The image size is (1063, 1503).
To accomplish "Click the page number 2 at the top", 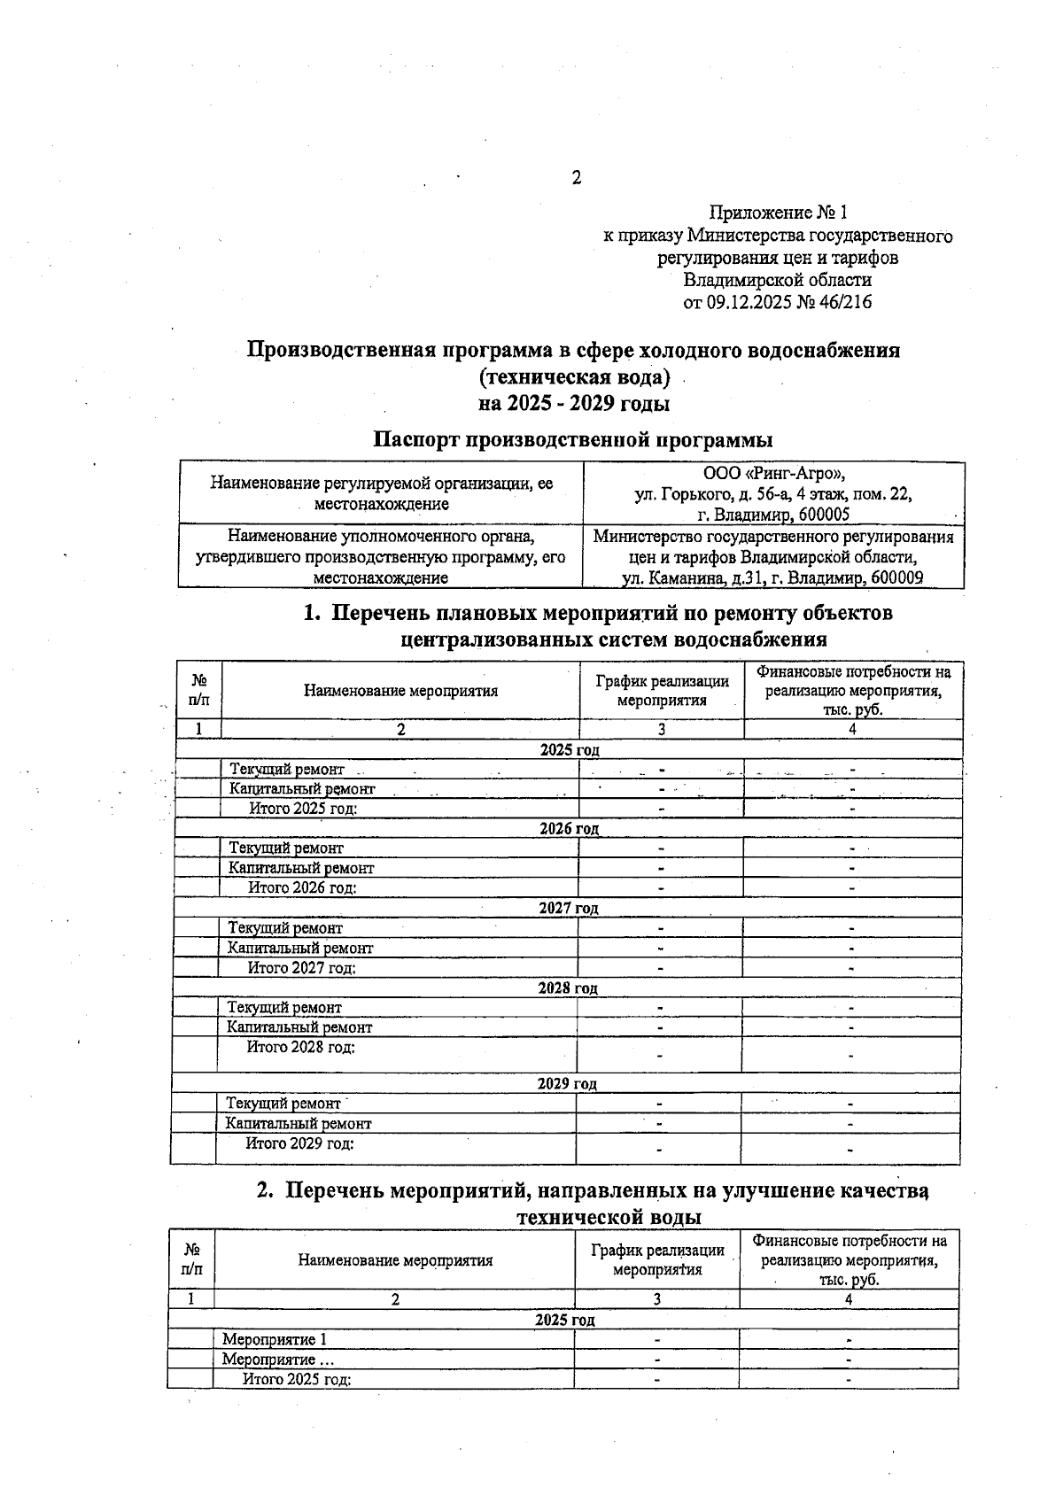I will (x=576, y=178).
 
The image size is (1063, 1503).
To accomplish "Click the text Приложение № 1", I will (x=778, y=213).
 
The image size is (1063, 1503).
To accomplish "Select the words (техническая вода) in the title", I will (x=574, y=377).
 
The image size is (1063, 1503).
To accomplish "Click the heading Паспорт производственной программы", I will (x=572, y=439).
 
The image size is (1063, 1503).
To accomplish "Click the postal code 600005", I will (x=823, y=515).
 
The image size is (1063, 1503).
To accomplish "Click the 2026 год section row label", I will (x=569, y=829).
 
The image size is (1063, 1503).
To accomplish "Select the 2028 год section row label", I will (x=568, y=988).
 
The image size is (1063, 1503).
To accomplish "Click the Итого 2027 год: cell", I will (x=301, y=968).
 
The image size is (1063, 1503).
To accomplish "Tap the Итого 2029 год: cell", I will (x=299, y=1143).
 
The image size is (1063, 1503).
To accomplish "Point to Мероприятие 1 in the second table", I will (x=275, y=1339).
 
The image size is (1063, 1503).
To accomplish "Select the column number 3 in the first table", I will (x=661, y=729).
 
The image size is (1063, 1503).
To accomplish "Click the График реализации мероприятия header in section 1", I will (x=662, y=691).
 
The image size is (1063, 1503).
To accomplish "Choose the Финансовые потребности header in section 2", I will (x=849, y=1260).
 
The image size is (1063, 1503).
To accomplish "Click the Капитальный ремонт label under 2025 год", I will (x=302, y=788).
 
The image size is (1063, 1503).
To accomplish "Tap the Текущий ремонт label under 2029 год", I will (x=283, y=1104).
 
